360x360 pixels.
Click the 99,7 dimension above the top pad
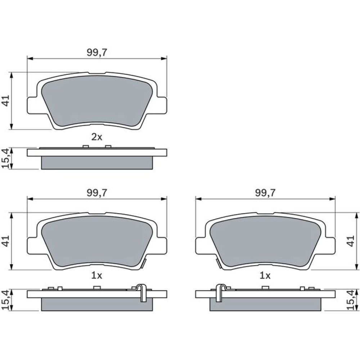pos(97,53)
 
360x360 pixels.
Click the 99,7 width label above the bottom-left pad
pos(97,193)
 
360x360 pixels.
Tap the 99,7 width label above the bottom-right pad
pos(265,193)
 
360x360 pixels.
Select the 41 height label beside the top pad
pos(6,100)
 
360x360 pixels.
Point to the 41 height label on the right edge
pos(351,241)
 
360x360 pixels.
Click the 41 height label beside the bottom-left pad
pos(6,241)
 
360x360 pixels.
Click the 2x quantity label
pos(96,137)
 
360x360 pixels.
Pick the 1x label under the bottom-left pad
pos(96,275)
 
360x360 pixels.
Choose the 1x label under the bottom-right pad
pos(265,275)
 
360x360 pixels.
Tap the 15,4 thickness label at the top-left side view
pos(5,158)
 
